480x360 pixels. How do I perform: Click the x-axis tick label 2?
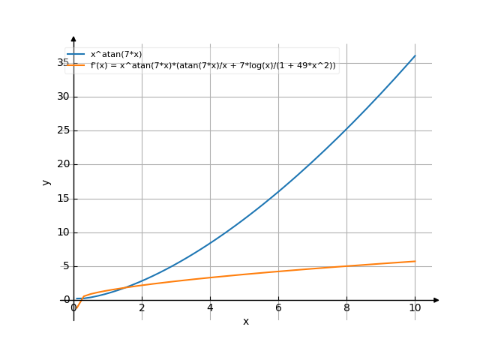[x=142, y=307]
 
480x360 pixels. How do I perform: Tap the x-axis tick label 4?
[x=210, y=307]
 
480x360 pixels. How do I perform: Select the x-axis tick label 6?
[x=278, y=307]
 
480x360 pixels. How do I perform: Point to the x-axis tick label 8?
[x=346, y=307]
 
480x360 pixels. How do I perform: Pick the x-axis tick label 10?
[x=415, y=307]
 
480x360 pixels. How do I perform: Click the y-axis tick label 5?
[x=66, y=266]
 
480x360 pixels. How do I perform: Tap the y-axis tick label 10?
[x=64, y=232]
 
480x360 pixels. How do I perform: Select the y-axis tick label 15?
[x=64, y=198]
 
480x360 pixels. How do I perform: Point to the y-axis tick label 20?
[x=64, y=164]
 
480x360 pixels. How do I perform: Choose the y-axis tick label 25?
[x=64, y=130]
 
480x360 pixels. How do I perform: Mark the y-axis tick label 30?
[x=64, y=96]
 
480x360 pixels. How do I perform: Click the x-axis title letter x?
[x=245, y=322]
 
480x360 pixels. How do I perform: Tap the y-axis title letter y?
[x=46, y=181]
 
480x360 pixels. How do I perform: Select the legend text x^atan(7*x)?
[x=115, y=54]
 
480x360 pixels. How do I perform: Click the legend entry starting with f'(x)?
[x=213, y=66]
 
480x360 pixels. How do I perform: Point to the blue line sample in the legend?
[x=76, y=55]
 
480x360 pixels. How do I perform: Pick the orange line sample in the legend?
[x=76, y=66]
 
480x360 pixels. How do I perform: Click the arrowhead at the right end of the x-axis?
[x=436, y=300]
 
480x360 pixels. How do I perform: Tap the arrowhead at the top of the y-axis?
[x=73, y=38]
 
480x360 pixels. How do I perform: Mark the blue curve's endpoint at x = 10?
[x=415, y=55]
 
